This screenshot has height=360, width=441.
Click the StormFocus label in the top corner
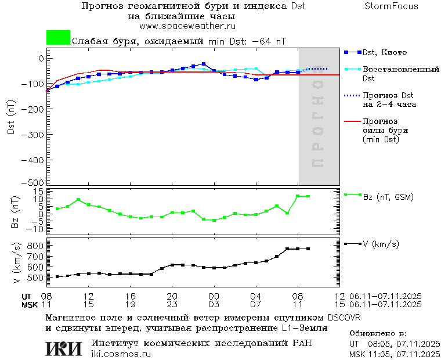(392, 6)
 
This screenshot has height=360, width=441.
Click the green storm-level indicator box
(58, 38)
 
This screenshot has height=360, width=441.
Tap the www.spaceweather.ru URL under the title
(187, 26)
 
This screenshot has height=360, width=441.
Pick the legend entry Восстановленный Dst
(400, 73)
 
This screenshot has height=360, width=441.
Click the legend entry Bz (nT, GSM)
(388, 197)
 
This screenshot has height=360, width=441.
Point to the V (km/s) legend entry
(381, 244)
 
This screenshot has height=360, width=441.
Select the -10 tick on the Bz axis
(36, 229)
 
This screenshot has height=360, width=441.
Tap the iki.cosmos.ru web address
(121, 354)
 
